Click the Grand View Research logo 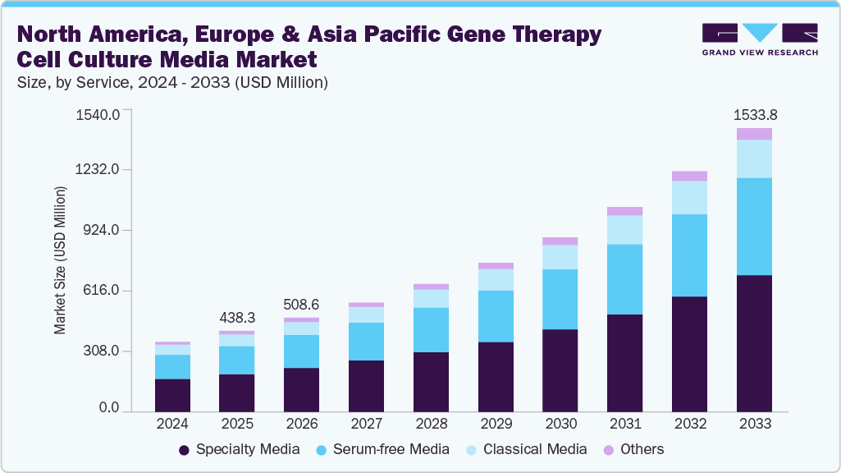760,39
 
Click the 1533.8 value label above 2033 754,114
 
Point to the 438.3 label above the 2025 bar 236,317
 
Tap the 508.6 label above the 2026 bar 301,304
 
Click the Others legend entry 633,449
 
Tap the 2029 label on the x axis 496,425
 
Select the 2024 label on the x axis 172,425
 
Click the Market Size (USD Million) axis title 60,260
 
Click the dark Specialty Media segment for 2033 754,343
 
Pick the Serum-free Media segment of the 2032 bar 689,255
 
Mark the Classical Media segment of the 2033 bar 754,158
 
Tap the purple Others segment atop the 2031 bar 624,211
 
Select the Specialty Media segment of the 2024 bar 172,395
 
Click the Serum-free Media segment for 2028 431,330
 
